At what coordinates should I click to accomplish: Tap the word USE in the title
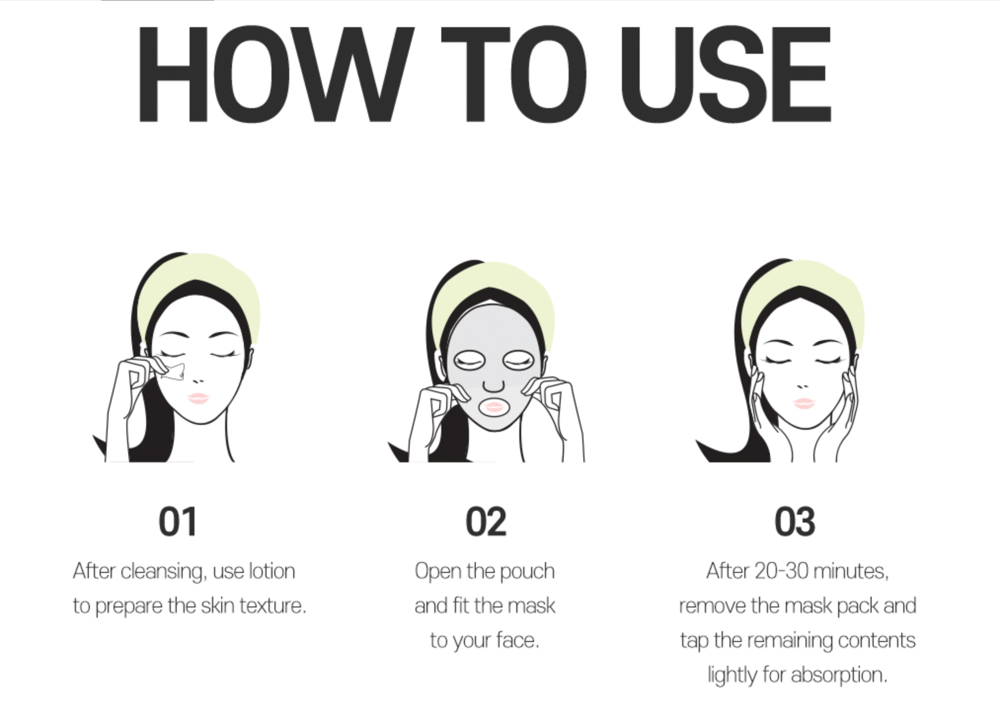pos(726,74)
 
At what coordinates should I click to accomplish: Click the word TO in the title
pos(513,74)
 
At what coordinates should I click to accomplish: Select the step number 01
pos(178,522)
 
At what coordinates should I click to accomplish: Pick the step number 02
pos(486,522)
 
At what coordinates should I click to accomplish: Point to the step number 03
pos(795,522)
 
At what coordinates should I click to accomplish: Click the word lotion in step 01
pos(272,571)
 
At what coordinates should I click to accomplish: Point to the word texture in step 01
pos(272,606)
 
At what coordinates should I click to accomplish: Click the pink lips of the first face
pos(198,398)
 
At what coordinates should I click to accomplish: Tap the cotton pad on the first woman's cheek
pos(173,372)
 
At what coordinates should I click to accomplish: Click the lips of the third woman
pos(804,403)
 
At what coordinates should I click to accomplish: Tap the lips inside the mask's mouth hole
pos(494,407)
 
